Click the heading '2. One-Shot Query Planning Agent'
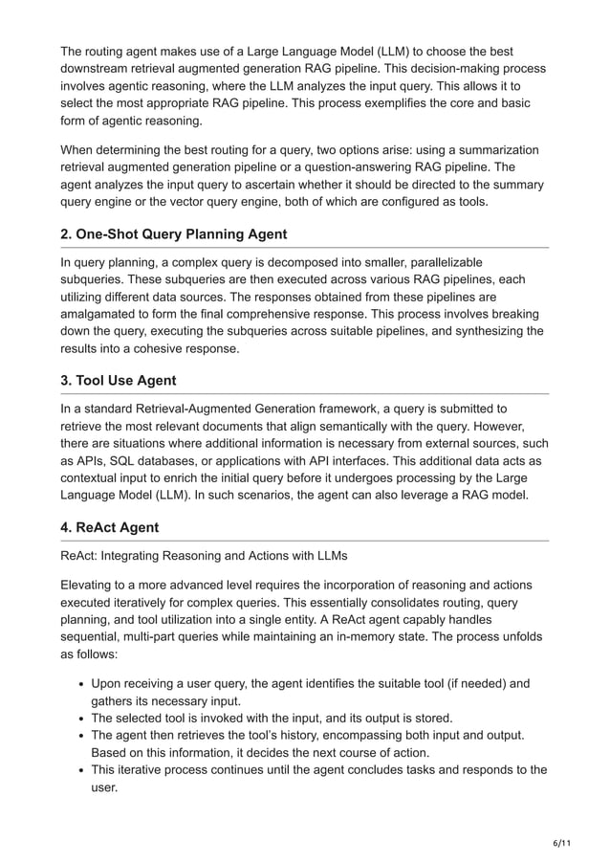click(173, 234)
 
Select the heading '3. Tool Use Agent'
click(118, 380)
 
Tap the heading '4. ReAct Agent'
click(109, 527)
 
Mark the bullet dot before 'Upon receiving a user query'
click(80, 684)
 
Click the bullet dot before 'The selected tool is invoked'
click(80, 719)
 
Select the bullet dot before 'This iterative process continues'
click(80, 770)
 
